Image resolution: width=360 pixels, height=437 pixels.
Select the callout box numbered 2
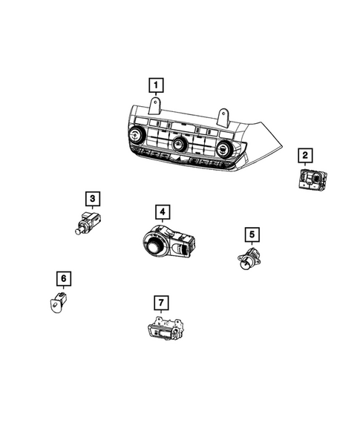[304, 155]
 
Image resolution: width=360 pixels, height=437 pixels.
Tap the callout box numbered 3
[92, 199]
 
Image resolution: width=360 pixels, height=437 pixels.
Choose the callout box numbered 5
[251, 235]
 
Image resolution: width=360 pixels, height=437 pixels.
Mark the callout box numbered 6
[64, 279]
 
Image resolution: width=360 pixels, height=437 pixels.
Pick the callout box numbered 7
[158, 302]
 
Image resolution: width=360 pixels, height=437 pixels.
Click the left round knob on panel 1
[137, 135]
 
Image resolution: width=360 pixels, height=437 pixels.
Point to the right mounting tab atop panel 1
[222, 116]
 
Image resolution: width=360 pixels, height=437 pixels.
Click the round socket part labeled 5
[248, 260]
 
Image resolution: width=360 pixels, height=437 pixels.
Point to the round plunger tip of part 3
[78, 230]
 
